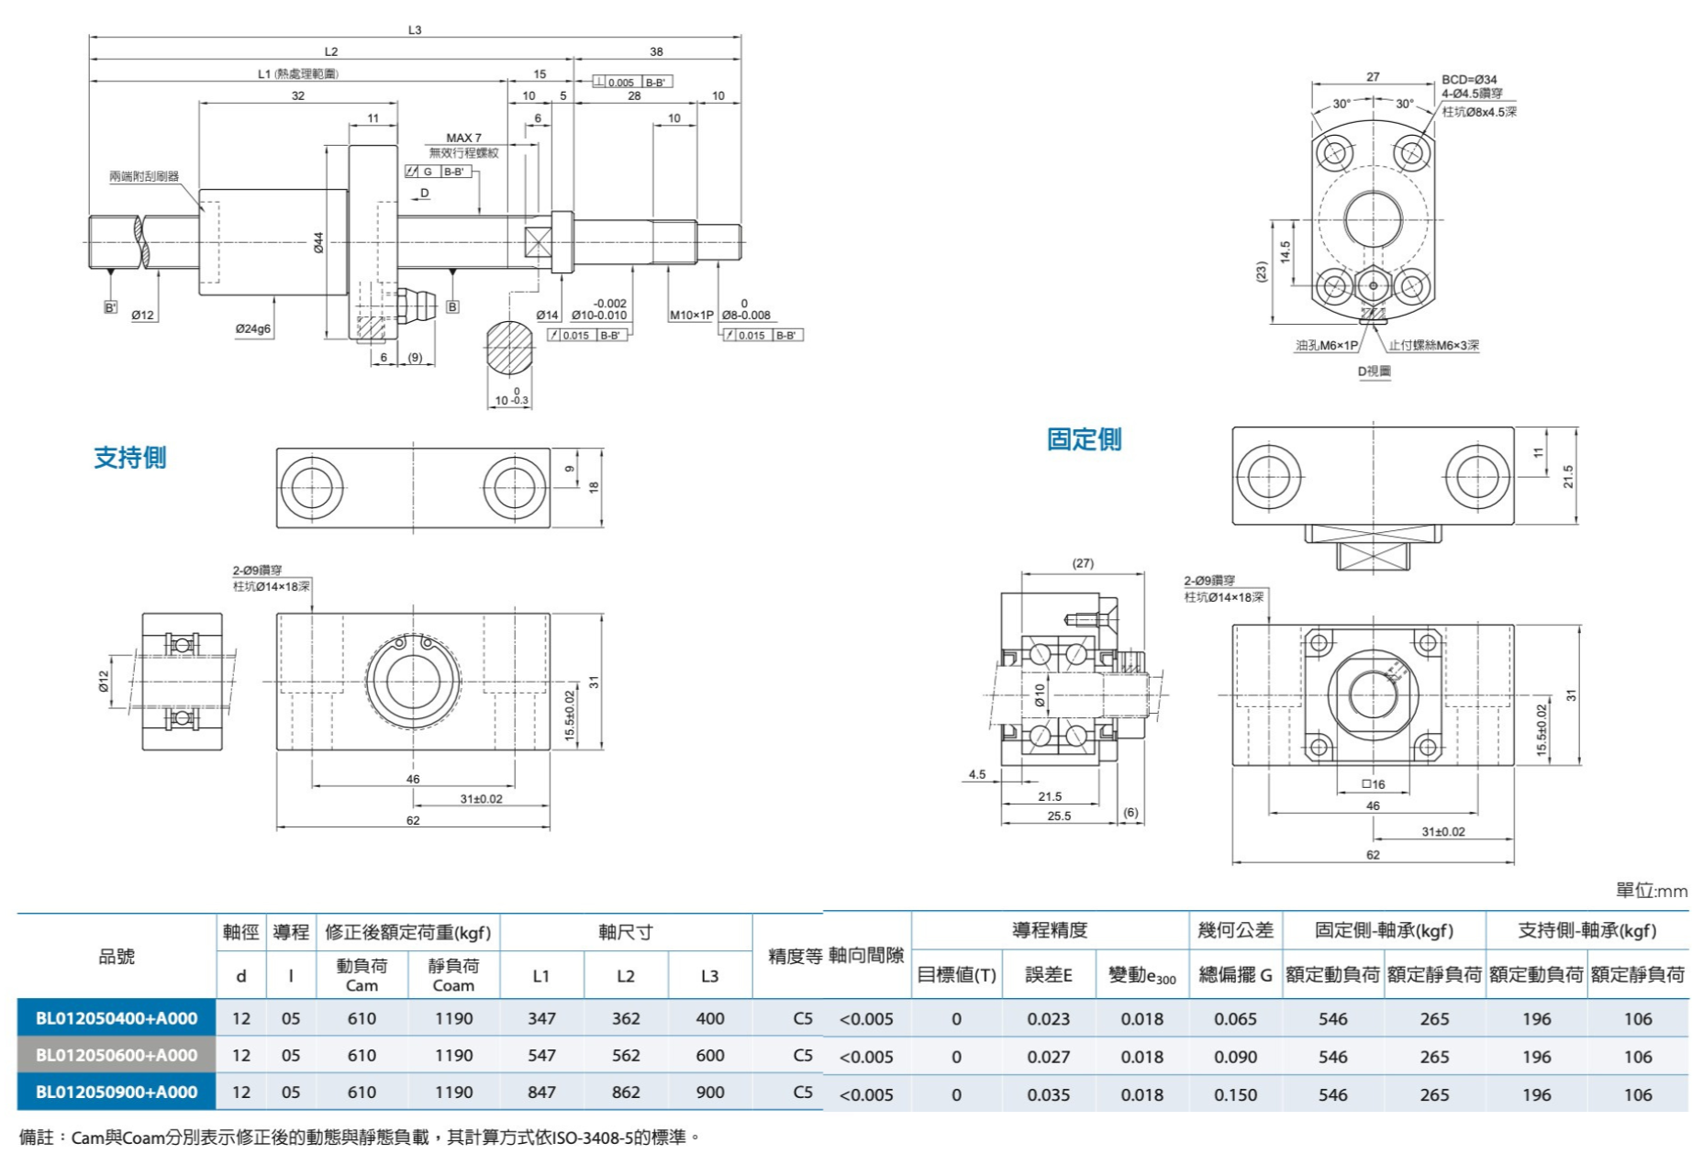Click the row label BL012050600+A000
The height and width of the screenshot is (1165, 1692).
click(x=117, y=1055)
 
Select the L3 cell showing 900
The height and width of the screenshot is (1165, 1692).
click(x=709, y=1093)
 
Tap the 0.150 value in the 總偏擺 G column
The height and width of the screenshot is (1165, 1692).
click(x=1235, y=1094)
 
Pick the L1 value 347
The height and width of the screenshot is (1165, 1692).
click(x=541, y=1018)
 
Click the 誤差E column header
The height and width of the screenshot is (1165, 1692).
click(x=1049, y=975)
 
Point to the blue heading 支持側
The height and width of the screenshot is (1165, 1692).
click(x=130, y=458)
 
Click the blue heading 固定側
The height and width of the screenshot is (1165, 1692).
click(x=1084, y=439)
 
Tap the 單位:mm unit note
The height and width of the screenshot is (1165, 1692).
click(x=1651, y=891)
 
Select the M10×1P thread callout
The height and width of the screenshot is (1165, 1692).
click(x=691, y=316)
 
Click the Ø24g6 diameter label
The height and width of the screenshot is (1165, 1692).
click(x=252, y=329)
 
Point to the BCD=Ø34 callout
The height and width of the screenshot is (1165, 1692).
click(x=1469, y=80)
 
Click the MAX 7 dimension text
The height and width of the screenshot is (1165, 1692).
click(x=463, y=138)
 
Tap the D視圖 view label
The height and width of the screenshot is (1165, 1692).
click(x=1374, y=372)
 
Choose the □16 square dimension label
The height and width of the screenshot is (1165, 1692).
click(x=1374, y=784)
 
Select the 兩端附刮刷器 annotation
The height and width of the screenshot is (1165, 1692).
click(x=144, y=176)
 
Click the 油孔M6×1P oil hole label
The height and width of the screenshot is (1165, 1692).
click(x=1326, y=346)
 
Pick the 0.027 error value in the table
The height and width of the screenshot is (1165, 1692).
click(x=1048, y=1057)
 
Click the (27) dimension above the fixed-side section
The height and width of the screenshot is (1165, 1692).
click(x=1083, y=563)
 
